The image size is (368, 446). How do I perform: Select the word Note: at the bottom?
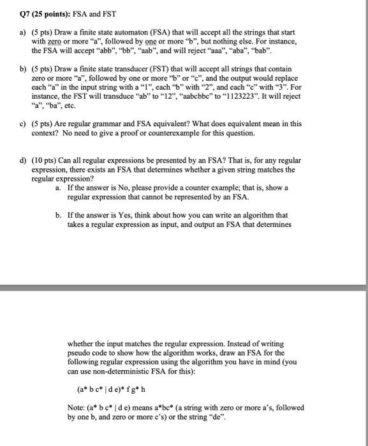[x=76, y=408]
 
